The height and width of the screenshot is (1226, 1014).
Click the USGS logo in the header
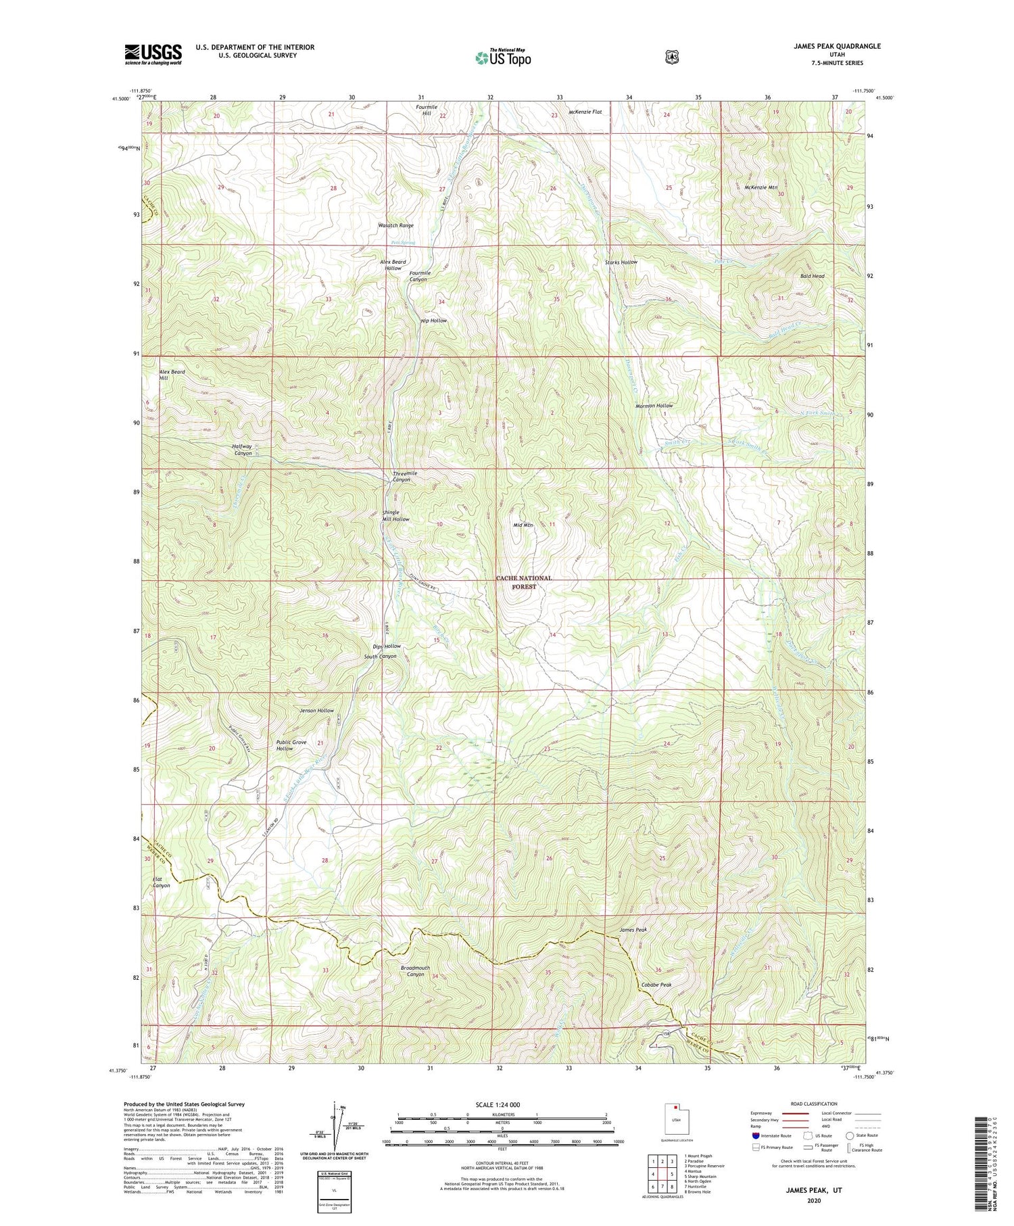click(153, 54)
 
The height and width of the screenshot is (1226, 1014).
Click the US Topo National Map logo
click(503, 57)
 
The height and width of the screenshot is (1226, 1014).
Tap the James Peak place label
click(633, 930)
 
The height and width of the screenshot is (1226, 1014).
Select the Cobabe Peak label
click(656, 985)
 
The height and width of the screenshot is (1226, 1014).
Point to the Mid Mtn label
click(524, 525)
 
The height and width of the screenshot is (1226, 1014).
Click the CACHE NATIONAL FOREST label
click(524, 582)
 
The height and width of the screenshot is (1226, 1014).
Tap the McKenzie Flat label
click(585, 112)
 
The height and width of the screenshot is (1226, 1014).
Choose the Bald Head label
click(812, 276)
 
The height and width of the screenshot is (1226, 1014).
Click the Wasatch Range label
click(395, 225)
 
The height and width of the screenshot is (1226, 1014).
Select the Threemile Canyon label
click(404, 476)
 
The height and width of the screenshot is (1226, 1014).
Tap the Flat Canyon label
click(161, 882)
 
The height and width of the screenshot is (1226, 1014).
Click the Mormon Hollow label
click(654, 406)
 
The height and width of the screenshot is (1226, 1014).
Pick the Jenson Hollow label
click(316, 711)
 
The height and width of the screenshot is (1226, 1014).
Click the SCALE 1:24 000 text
click(502, 1105)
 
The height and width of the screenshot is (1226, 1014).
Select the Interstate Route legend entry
click(771, 1135)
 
